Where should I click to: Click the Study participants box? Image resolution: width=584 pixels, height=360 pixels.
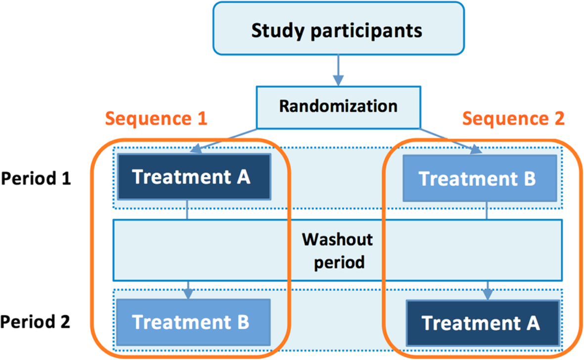[339, 29]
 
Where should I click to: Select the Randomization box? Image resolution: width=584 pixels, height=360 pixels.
[339, 107]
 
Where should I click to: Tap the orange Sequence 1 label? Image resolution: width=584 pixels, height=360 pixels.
[156, 119]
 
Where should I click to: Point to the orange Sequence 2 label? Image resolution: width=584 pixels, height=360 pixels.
[513, 119]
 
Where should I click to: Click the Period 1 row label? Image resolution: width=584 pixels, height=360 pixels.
[36, 179]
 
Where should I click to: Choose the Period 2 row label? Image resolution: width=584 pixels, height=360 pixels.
[35, 322]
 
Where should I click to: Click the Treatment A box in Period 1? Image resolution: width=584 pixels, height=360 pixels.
[194, 177]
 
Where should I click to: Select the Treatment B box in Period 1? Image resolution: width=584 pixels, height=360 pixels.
[480, 179]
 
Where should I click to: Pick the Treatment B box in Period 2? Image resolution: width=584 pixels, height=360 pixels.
[193, 322]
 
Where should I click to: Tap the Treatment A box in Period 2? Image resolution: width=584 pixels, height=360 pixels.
[483, 323]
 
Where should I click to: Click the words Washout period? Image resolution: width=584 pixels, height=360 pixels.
[338, 251]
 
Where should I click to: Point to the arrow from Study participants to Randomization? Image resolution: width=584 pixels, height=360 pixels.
[338, 71]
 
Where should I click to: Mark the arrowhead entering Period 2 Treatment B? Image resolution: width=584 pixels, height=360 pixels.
[188, 294]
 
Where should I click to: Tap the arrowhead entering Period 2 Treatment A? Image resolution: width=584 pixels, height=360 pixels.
[488, 294]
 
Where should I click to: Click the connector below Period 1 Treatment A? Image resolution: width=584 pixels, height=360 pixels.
[187, 210]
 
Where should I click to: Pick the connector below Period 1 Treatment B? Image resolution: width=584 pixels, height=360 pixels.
[487, 211]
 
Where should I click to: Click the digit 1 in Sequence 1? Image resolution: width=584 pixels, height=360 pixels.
[202, 119]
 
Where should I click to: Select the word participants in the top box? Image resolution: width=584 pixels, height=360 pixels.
[366, 31]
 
